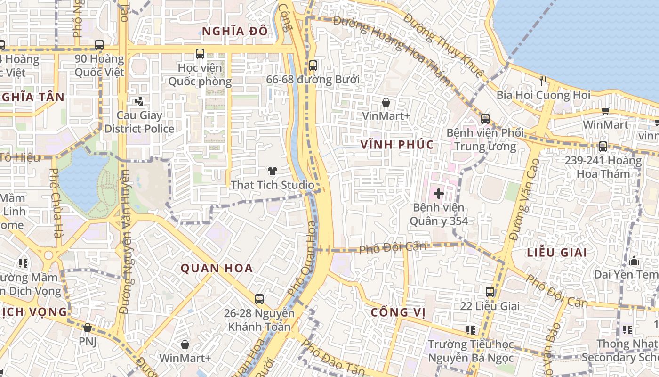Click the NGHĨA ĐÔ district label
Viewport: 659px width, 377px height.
click(235, 31)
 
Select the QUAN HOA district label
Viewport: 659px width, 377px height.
click(217, 269)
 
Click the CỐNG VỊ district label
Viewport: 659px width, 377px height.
click(398, 312)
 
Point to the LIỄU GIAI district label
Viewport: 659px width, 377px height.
click(557, 253)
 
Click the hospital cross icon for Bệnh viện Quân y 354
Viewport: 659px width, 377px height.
click(439, 193)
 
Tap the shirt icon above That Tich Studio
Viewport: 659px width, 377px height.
click(272, 171)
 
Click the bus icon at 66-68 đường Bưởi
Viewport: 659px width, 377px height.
click(313, 66)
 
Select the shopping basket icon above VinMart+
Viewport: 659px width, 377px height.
click(386, 102)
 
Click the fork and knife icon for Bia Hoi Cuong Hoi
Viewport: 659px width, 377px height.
click(544, 81)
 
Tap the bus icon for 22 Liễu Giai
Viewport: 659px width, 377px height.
click(490, 292)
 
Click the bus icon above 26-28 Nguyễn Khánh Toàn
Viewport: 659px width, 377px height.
click(259, 299)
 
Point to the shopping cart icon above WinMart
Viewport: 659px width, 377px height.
click(605, 111)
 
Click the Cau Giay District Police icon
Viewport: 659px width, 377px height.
click(139, 101)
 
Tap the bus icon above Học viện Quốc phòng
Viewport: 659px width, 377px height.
click(200, 54)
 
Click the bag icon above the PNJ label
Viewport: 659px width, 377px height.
click(88, 328)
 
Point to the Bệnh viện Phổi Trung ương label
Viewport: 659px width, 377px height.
click(485, 139)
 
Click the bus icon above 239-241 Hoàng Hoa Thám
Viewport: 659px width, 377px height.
click(603, 147)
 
